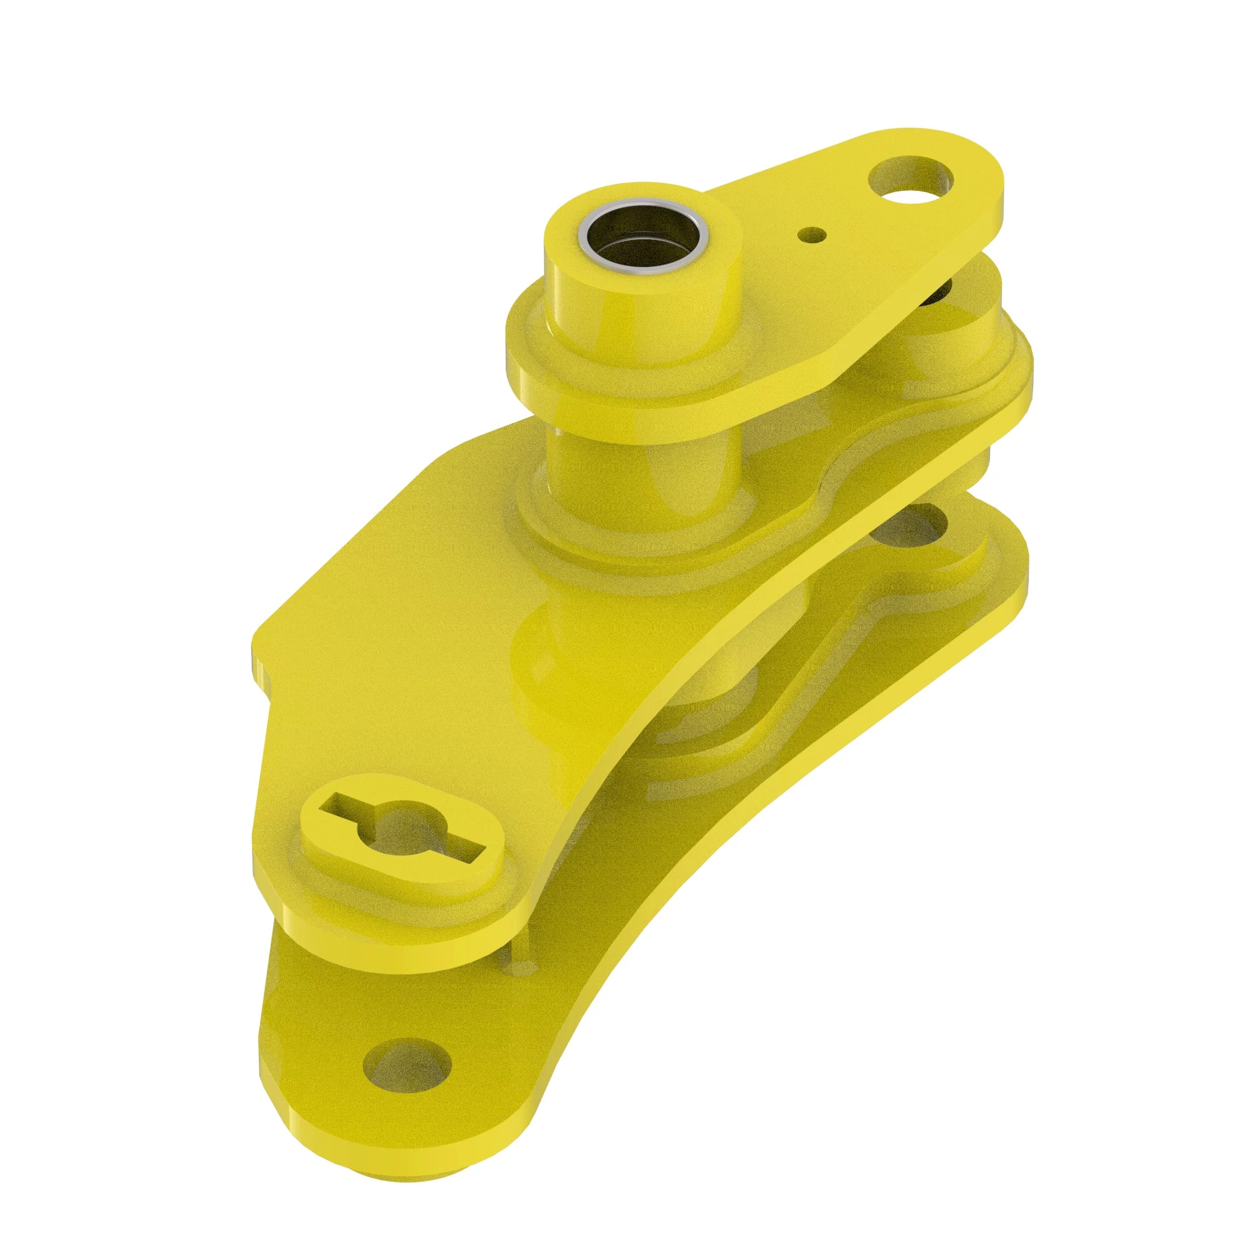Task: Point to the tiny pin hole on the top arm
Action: point(811,235)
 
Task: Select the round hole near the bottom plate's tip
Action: point(406,1064)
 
